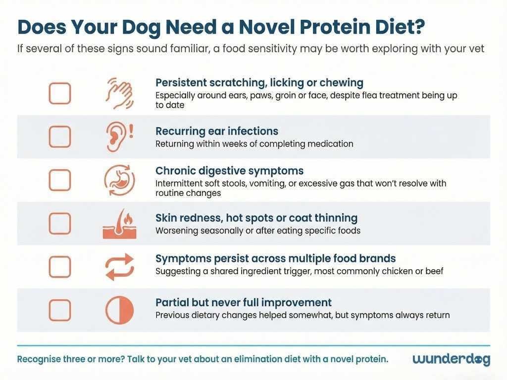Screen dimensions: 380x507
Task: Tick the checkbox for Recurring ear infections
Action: (x=59, y=137)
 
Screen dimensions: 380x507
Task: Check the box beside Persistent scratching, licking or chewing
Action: (x=59, y=93)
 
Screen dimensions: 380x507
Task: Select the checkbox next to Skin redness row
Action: (x=59, y=223)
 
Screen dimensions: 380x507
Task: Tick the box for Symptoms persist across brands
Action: (x=59, y=267)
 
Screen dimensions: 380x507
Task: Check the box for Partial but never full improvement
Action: (x=59, y=310)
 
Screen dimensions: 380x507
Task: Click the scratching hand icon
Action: (x=119, y=93)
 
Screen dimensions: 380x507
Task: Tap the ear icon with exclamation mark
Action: (x=119, y=137)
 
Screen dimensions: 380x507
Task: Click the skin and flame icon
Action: (x=119, y=224)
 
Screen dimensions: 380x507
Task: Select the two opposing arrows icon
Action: (x=119, y=267)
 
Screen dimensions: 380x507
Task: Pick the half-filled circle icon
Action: (x=119, y=310)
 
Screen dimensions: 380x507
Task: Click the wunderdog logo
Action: (x=451, y=359)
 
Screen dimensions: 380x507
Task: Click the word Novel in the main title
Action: (x=237, y=28)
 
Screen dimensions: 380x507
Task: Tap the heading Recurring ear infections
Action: (x=217, y=131)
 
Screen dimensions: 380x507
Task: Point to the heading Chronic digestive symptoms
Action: (x=229, y=171)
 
